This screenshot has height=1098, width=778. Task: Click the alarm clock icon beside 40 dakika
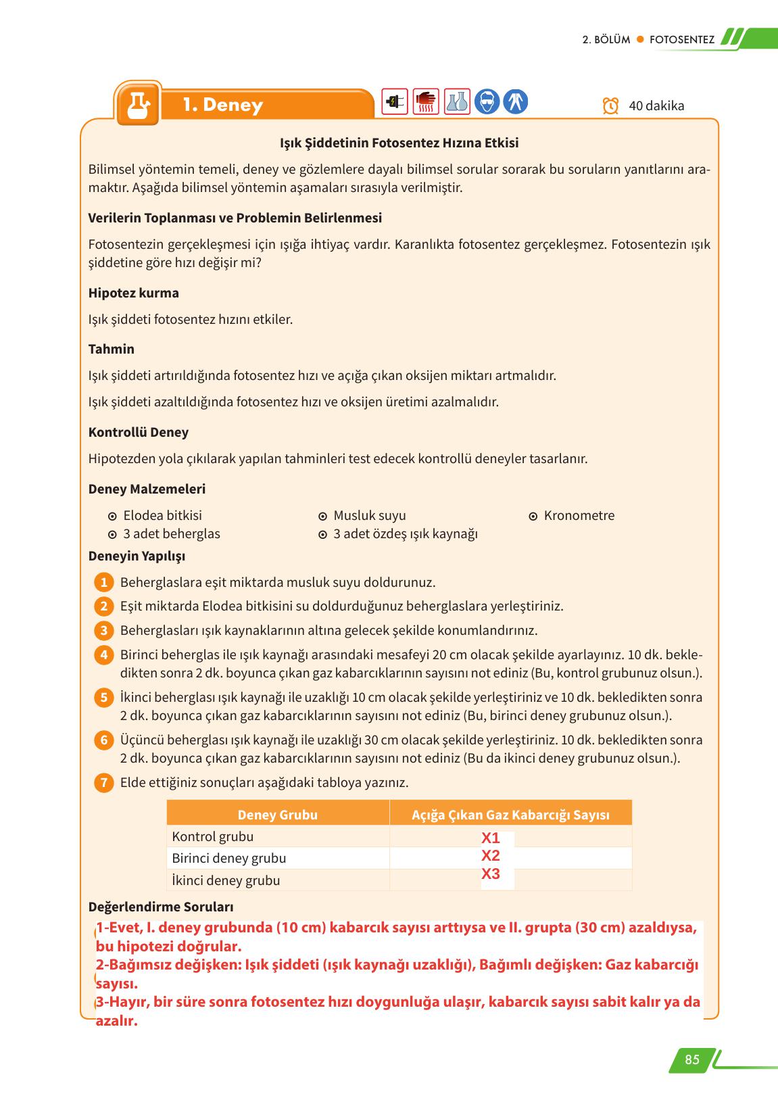tap(610, 106)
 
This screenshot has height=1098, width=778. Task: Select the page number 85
tap(691, 1059)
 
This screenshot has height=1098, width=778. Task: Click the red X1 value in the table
tap(491, 838)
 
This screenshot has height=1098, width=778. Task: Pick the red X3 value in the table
tap(491, 874)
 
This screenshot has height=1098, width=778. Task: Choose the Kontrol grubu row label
tap(213, 836)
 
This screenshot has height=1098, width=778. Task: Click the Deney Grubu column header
tap(277, 815)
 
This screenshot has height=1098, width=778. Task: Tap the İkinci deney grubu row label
tap(226, 880)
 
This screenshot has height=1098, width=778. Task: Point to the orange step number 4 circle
tap(103, 655)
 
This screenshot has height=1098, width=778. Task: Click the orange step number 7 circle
tap(103, 783)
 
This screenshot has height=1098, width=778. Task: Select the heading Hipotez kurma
tap(134, 293)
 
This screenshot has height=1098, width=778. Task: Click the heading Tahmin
tap(112, 349)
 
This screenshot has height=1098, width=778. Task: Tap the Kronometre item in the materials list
tap(579, 515)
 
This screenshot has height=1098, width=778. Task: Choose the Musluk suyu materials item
tap(369, 515)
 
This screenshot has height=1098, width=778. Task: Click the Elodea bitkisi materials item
tap(162, 515)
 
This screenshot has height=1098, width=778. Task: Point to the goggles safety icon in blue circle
tap(487, 102)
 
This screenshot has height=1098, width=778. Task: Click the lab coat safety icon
tap(515, 102)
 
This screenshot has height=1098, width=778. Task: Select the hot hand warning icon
tap(426, 102)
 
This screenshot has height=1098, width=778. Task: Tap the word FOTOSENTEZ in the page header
tap(681, 39)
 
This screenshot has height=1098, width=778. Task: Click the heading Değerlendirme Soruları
tap(161, 907)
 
